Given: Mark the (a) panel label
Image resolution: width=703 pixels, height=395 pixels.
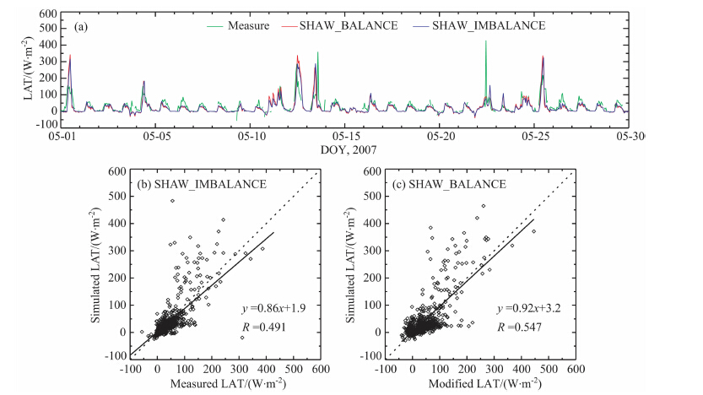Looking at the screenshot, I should (82, 27).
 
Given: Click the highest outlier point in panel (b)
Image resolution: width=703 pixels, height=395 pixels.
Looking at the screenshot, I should (171, 201).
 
